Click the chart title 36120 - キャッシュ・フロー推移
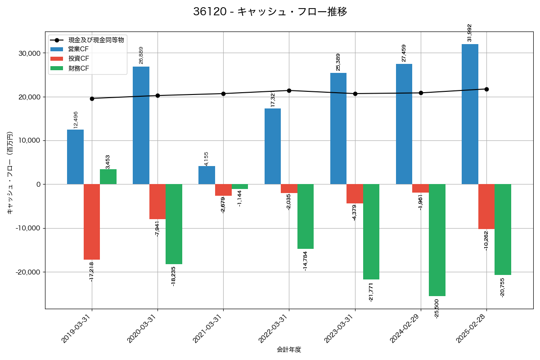[x=270, y=12]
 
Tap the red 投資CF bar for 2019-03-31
[x=92, y=222]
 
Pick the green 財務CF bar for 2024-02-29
[x=437, y=240]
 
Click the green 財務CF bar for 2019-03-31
[x=108, y=176]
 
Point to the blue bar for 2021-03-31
[x=207, y=175]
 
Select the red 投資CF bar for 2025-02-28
[x=486, y=207]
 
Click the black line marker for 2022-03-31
[x=289, y=90]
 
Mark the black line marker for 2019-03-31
[x=92, y=99]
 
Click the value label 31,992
[x=470, y=33]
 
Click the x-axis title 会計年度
[x=289, y=350]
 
